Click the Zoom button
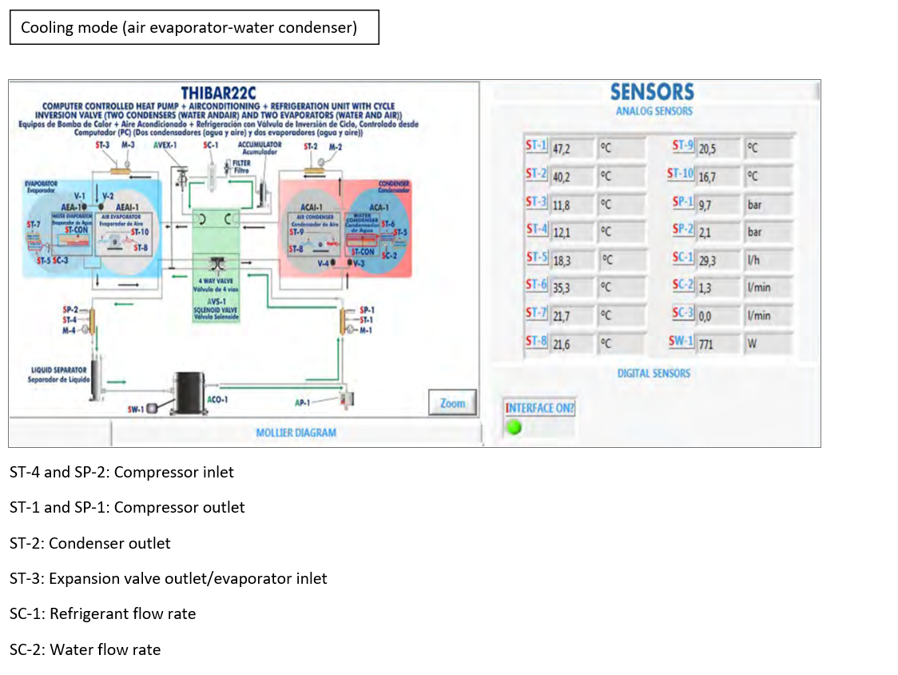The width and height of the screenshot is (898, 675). pyautogui.click(x=452, y=403)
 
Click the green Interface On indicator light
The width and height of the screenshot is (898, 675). pyautogui.click(x=515, y=427)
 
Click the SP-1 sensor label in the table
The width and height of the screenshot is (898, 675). pyautogui.click(x=681, y=204)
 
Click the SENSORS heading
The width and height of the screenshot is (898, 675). pyautogui.click(x=652, y=92)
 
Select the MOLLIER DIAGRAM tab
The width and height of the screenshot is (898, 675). pyautogui.click(x=296, y=433)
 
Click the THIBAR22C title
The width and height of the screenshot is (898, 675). pyautogui.click(x=218, y=92)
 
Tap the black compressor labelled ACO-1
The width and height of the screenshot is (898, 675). pyautogui.click(x=191, y=393)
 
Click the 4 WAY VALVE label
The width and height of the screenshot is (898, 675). pyautogui.click(x=215, y=282)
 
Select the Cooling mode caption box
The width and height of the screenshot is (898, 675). pyautogui.click(x=193, y=28)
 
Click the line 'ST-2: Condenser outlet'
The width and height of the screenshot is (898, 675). pyautogui.click(x=90, y=543)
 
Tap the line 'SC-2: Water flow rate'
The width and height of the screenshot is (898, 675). pyautogui.click(x=85, y=649)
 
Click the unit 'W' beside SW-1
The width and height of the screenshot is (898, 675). pyautogui.click(x=752, y=345)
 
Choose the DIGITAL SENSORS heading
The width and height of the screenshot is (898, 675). pyautogui.click(x=654, y=373)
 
